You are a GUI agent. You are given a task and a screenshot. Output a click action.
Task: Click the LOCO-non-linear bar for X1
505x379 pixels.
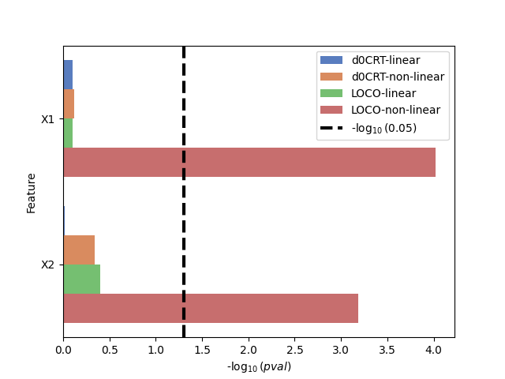pyautogui.click(x=249, y=162)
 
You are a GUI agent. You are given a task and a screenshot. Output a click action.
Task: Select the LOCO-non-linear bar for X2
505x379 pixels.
pyautogui.click(x=211, y=308)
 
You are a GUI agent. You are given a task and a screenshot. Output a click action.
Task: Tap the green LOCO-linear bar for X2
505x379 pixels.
pyautogui.click(x=81, y=279)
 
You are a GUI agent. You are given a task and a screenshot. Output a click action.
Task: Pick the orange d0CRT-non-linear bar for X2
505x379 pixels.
pyautogui.click(x=79, y=250)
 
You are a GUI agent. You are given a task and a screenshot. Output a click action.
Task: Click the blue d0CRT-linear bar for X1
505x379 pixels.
pyautogui.click(x=68, y=75)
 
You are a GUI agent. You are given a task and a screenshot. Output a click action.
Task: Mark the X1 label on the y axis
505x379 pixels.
pyautogui.click(x=48, y=119)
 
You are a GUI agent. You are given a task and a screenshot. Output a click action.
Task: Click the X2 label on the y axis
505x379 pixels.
pyautogui.click(x=48, y=265)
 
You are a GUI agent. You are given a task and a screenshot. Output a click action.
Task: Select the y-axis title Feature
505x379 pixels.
pyautogui.click(x=32, y=193)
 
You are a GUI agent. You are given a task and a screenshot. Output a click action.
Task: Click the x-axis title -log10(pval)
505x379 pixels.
pyautogui.click(x=259, y=367)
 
